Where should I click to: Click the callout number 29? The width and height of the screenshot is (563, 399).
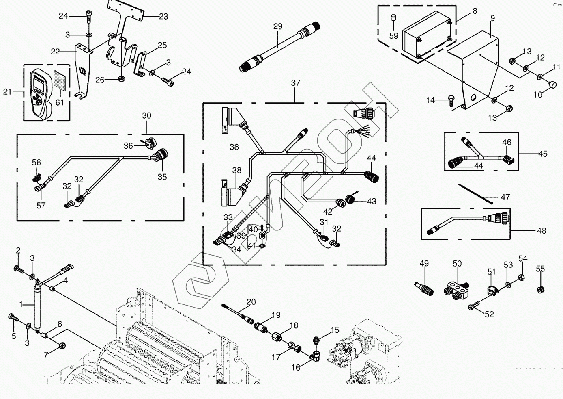277,27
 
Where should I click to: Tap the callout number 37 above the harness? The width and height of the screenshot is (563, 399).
296,83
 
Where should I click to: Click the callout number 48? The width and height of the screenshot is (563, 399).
542,231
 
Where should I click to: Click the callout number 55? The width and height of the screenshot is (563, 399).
540,269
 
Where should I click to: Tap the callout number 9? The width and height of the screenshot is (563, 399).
492,18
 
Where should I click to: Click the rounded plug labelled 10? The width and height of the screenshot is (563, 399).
553,85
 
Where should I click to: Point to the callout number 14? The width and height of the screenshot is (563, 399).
431,100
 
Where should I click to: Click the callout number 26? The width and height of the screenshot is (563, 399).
100,80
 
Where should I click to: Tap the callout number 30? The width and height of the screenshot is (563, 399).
146,116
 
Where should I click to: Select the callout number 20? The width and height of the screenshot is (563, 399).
251,302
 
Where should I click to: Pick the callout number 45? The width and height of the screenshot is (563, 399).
543,154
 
